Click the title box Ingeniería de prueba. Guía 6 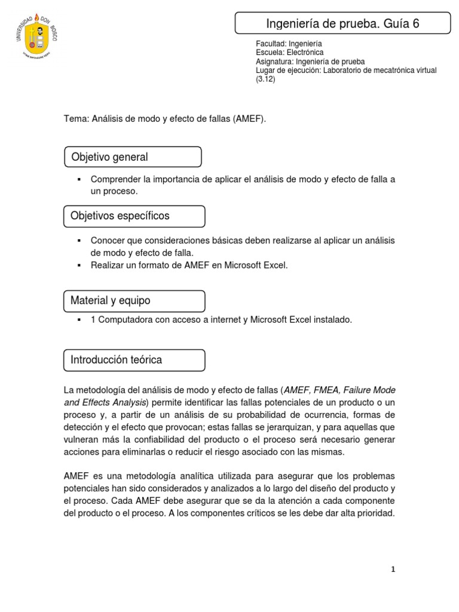[342, 24]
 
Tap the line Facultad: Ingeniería [289, 44]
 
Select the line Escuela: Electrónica [289, 53]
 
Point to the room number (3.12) [265, 79]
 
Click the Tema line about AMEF [164, 119]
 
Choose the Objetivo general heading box [133, 157]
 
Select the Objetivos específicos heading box [134, 216]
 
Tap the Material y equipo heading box [134, 301]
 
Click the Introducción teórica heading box [134, 360]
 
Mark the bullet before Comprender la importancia [78, 180]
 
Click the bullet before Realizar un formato [78, 265]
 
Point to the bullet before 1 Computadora [78, 320]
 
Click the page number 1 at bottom [393, 570]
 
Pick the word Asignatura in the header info [274, 62]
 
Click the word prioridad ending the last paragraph [375, 513]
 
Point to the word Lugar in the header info [265, 71]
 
